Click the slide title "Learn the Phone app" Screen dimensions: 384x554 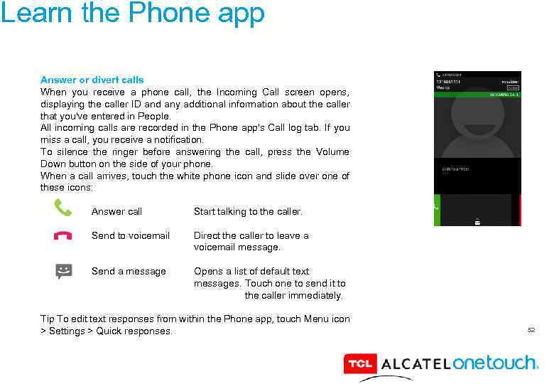pos(133,14)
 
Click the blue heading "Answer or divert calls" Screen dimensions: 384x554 pos(92,80)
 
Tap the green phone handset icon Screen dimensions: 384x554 pos(63,208)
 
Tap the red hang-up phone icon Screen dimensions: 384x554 pos(63,236)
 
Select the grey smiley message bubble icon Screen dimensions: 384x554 pos(64,272)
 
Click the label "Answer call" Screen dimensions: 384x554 pos(116,211)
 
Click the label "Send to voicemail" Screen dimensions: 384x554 pos(131,235)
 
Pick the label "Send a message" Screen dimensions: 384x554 pos(129,271)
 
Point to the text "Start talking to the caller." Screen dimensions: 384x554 pos(248,211)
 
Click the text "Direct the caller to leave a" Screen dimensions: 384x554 pos(251,235)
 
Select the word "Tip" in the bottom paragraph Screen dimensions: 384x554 pos(48,319)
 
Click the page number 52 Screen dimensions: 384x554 pos(531,330)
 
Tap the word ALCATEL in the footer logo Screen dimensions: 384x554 pos(415,364)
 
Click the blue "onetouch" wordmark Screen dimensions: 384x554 pos(495,363)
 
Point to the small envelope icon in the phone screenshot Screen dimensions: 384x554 pos(477,223)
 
